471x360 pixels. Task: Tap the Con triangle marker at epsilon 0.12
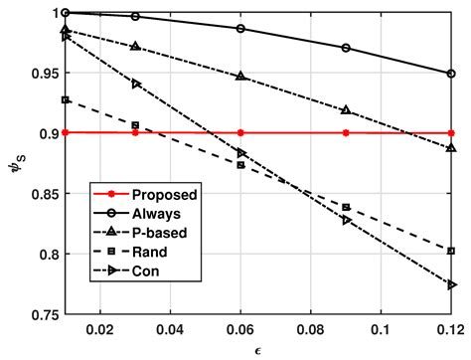pyautogui.click(x=452, y=284)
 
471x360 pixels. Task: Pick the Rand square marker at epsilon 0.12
pyautogui.click(x=451, y=251)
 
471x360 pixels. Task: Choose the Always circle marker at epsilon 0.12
pyautogui.click(x=451, y=74)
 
